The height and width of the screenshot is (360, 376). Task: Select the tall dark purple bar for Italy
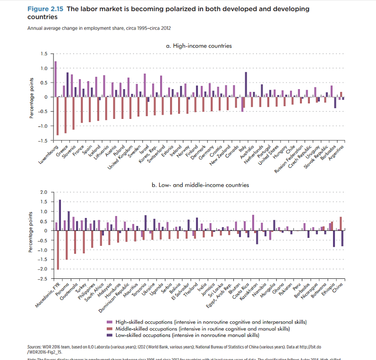246,84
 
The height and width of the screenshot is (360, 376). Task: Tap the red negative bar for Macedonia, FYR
58,250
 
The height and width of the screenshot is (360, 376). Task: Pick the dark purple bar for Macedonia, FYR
60,215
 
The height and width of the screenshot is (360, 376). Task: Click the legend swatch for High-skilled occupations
110,321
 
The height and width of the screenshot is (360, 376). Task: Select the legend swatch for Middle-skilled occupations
110,328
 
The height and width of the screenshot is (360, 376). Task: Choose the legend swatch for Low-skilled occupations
110,335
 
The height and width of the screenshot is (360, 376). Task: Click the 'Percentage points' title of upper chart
32,97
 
